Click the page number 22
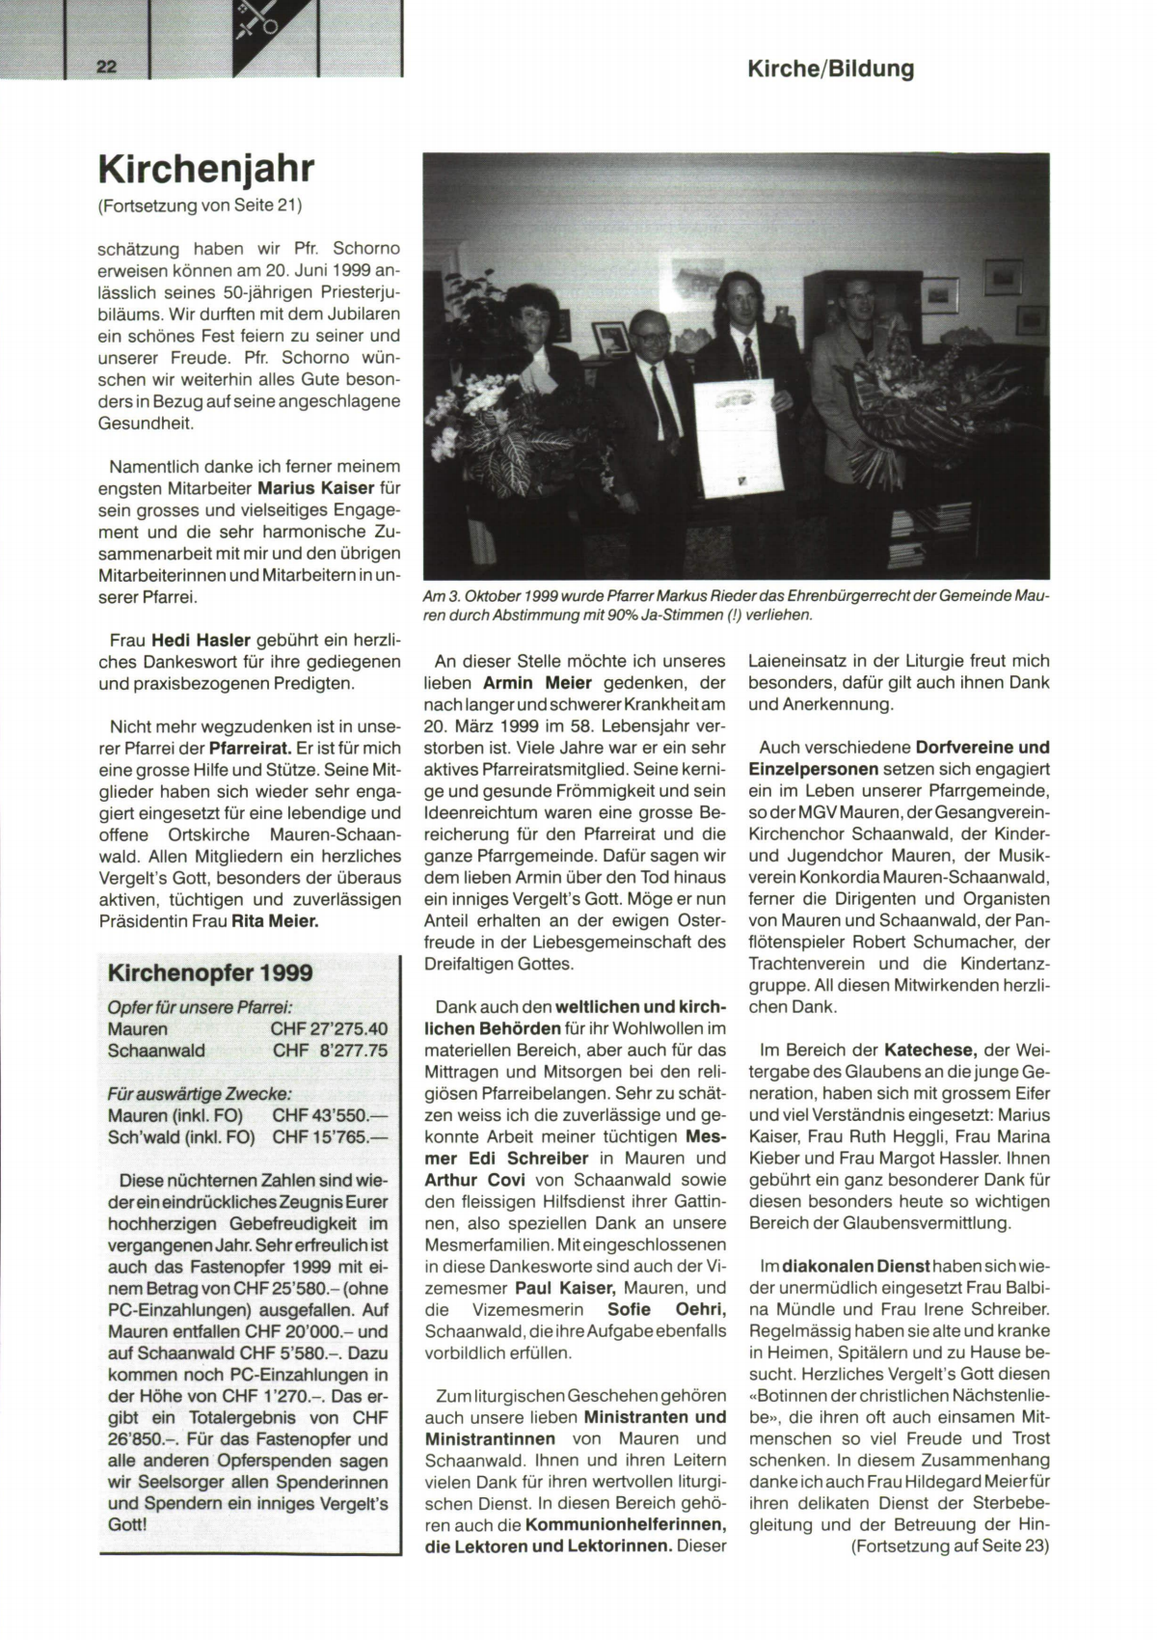[x=106, y=67]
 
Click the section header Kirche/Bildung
[x=830, y=68]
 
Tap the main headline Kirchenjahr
[x=206, y=168]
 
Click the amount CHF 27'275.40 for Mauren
[x=329, y=1028]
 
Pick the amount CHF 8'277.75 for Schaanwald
[x=330, y=1051]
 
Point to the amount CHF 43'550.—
[x=329, y=1115]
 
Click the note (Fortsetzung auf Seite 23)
[x=949, y=1546]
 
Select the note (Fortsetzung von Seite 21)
[x=201, y=205]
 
